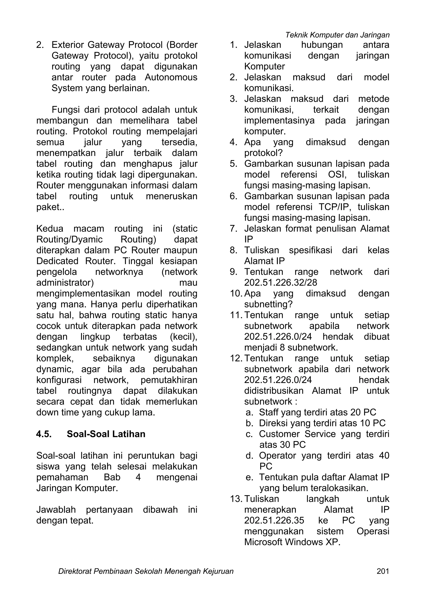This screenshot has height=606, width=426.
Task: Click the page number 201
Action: point(383,571)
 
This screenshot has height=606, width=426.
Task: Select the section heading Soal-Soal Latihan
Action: point(106,434)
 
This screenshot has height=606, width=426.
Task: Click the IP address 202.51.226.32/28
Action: point(280,283)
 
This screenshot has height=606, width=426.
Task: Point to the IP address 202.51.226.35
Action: point(274,520)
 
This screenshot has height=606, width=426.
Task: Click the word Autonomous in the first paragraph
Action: point(171,77)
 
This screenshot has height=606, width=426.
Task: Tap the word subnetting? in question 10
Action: point(268,304)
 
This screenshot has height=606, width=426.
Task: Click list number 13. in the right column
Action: point(236,499)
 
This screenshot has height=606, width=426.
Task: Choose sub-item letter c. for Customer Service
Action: point(249,434)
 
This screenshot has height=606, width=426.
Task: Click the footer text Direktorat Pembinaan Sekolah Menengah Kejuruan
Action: point(146,571)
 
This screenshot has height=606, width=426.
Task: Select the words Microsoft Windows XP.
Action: point(292,542)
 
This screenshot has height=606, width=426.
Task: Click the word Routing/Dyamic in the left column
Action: point(69,239)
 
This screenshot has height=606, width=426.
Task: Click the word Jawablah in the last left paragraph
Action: point(56,510)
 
